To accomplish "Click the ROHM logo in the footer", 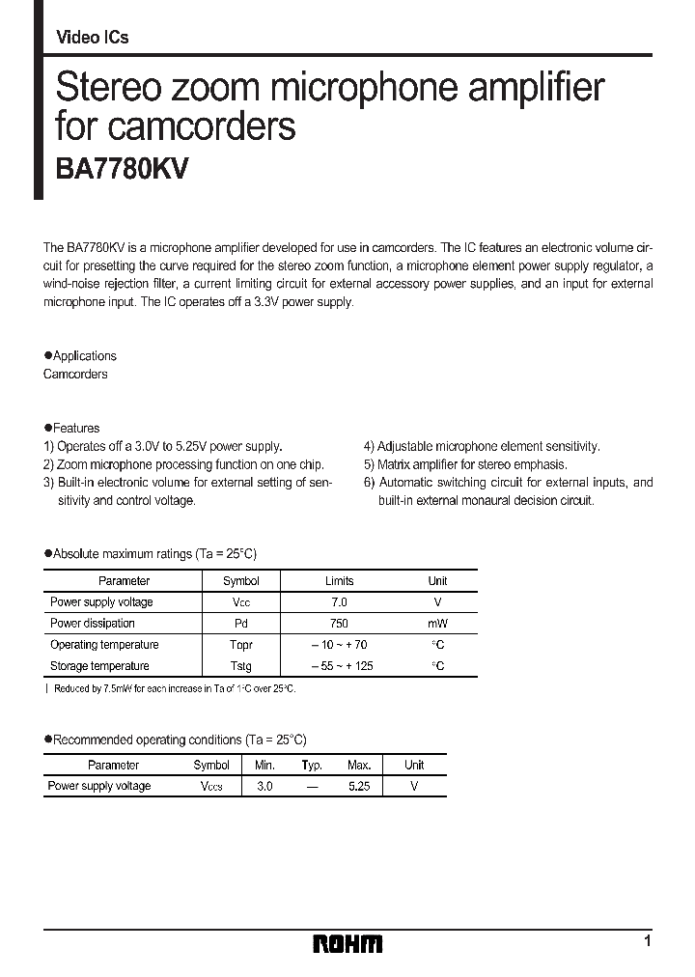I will coord(347,944).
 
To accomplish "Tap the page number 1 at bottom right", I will coord(648,941).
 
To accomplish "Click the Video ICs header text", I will coord(93,38).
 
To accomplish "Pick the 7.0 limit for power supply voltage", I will coord(339,602).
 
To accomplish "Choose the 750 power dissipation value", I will coord(339,624).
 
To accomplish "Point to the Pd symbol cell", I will coord(240,624).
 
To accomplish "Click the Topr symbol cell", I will coord(240,645).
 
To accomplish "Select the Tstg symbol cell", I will coord(240,666).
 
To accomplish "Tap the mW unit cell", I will coord(437,624).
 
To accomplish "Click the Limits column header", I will coord(339,581).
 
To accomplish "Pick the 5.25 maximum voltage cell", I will coord(359,787).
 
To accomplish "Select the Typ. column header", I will coord(312,765).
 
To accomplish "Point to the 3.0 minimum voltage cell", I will coord(264,787).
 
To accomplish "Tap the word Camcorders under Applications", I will coord(75,374).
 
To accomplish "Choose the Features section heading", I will coord(72,428).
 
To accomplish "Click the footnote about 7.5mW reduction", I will coord(173,688).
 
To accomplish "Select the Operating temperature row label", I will coord(104,645).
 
